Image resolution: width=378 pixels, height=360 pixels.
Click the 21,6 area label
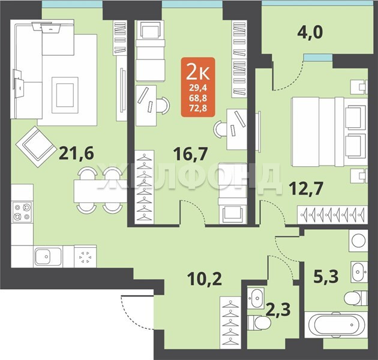click(76, 154)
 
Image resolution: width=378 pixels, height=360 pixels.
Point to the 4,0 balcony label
click(310, 32)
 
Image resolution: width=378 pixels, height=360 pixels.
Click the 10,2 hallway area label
click(205, 279)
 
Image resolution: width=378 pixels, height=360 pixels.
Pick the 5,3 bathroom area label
click(326, 277)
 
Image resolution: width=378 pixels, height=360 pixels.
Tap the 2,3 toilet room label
click(278, 310)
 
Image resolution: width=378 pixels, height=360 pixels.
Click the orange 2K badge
click(198, 87)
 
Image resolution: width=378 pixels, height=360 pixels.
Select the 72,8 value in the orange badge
click(198, 109)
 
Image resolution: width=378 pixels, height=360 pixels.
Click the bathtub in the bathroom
click(336, 325)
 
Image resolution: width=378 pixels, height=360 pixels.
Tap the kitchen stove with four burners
click(22, 212)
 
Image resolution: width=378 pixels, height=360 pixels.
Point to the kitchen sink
click(48, 256)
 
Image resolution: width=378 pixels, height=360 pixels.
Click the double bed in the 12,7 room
click(329, 131)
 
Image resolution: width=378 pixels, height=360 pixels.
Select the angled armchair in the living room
click(35, 147)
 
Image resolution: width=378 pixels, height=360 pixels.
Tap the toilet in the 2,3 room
click(259, 322)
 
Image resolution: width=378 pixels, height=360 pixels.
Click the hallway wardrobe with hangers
click(231, 322)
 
